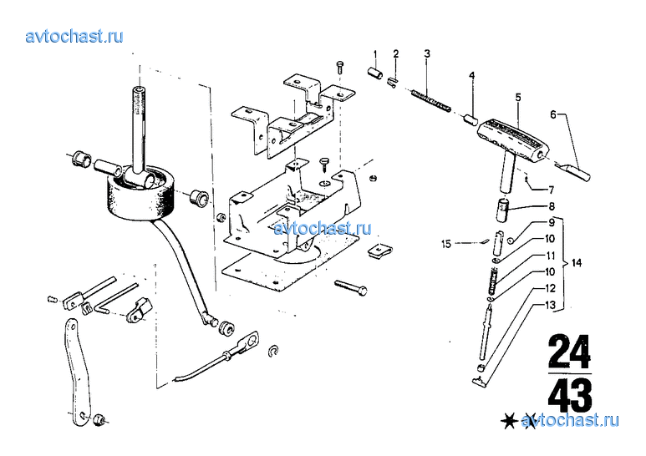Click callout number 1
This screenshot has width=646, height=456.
[x=375, y=55]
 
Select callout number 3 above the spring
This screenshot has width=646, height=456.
[x=427, y=55]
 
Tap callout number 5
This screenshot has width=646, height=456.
[x=517, y=98]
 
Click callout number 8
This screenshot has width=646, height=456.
[x=552, y=205]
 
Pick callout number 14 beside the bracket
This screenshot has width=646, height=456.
[x=577, y=264]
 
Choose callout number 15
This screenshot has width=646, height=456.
[x=446, y=244]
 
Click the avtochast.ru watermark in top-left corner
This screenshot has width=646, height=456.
[x=74, y=36]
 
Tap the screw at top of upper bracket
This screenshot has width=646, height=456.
[x=339, y=65]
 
